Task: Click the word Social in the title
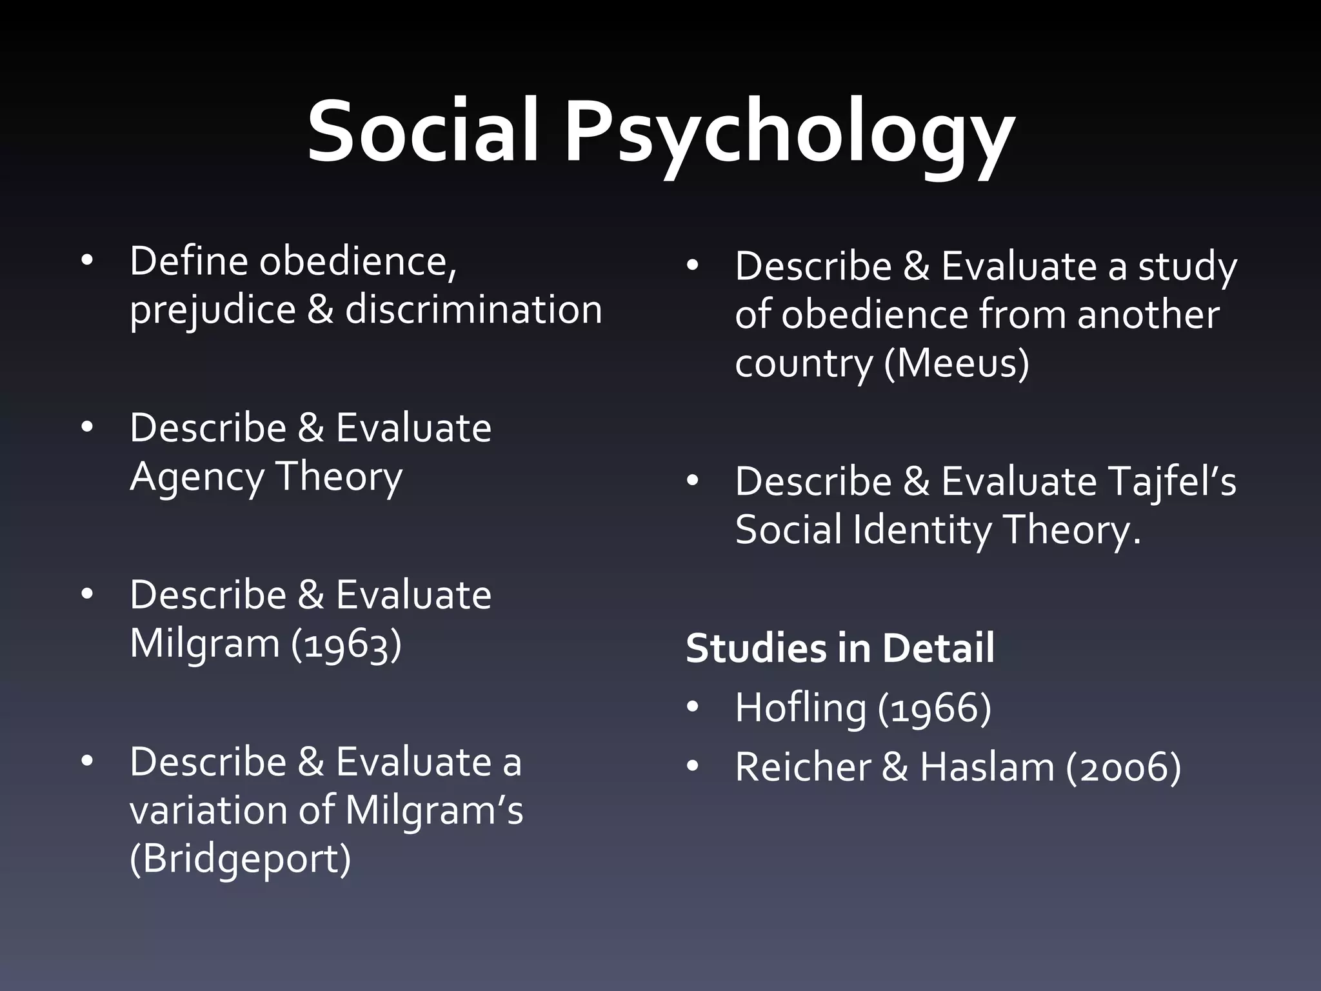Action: pyautogui.click(x=422, y=132)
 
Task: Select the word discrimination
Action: pyautogui.click(x=473, y=310)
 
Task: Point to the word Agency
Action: pyautogui.click(x=197, y=477)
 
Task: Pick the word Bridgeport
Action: pyautogui.click(x=241, y=859)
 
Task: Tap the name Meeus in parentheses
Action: pyautogui.click(x=956, y=363)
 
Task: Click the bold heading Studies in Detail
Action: pyautogui.click(x=839, y=648)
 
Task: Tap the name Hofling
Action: pyautogui.click(x=800, y=708)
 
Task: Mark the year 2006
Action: pyautogui.click(x=1123, y=768)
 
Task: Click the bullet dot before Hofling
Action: pyautogui.click(x=693, y=708)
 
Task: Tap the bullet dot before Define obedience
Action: pyautogui.click(x=87, y=261)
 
